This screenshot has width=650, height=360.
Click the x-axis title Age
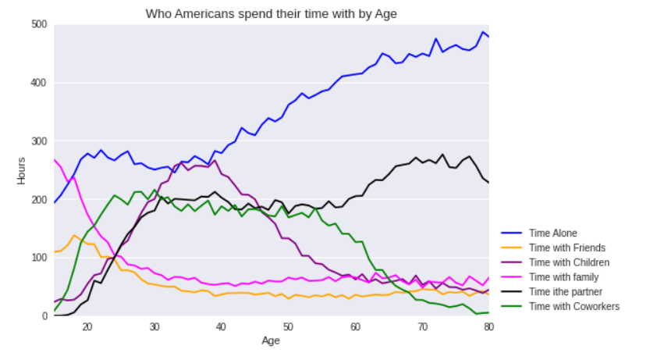pos(271,340)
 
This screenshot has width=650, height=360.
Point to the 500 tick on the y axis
pos(39,24)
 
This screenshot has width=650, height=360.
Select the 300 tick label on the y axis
pos(39,141)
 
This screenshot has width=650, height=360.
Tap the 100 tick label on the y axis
pos(39,258)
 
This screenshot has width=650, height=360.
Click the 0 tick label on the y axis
pos(44,316)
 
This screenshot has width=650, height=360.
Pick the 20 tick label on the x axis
pos(87,327)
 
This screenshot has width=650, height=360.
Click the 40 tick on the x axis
pos(221,327)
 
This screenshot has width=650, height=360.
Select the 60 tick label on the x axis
pos(355,327)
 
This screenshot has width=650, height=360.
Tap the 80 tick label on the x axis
pos(488,327)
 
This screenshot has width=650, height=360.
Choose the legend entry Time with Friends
pos(567,248)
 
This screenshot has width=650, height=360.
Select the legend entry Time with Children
pos(569,262)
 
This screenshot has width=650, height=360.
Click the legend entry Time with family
pos(564,277)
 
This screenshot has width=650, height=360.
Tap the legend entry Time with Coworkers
pos(574,306)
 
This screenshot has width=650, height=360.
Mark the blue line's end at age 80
pos(488,37)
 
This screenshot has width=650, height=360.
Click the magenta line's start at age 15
pos(54,159)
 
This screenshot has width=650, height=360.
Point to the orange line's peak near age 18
pos(74,235)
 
